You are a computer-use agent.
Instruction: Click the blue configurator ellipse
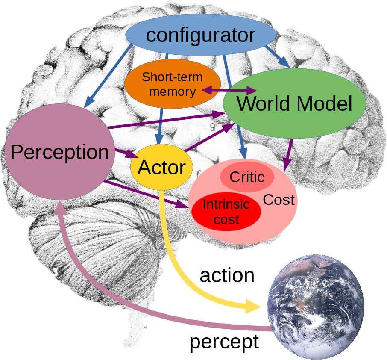click(201, 35)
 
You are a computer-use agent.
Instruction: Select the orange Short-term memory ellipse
click(173, 84)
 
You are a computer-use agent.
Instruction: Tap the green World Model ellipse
click(295, 104)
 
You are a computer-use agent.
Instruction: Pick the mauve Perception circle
click(59, 152)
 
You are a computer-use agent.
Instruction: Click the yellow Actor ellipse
click(161, 167)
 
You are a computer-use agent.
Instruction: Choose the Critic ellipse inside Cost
click(247, 177)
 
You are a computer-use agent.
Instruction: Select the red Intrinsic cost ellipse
click(226, 212)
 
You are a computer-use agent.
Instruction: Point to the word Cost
click(279, 200)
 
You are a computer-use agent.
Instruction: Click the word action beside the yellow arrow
click(227, 276)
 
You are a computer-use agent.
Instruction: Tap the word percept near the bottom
click(224, 342)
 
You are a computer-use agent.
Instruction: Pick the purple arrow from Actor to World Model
click(209, 137)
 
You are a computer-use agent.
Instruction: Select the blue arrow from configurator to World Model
click(278, 56)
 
